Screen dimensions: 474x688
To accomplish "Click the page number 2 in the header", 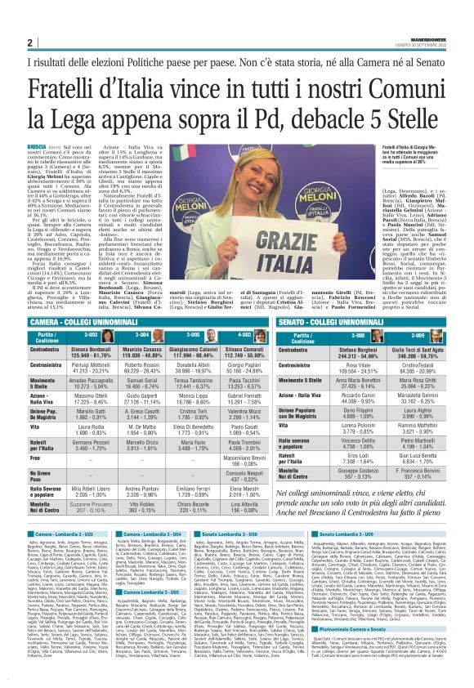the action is (x=29, y=42).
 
